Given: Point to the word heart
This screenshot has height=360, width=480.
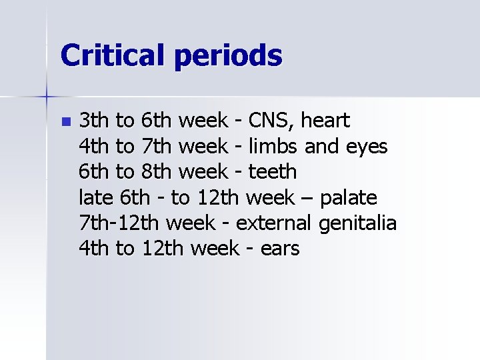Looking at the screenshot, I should coord(325,121).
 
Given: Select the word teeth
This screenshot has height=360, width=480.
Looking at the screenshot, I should coord(272,171).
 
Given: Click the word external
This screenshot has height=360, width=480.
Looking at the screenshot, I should coord(274,223).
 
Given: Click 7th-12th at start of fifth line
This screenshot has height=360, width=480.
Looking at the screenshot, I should coord(120,223).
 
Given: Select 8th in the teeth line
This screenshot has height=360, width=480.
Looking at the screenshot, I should coord(157,171).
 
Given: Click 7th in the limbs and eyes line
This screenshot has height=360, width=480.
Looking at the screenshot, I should coord(157,146).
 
